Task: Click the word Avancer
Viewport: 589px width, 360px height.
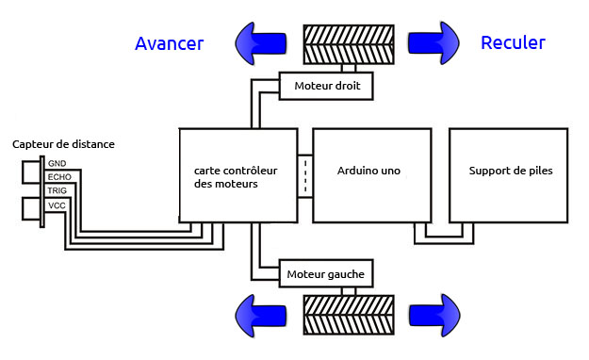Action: (169, 43)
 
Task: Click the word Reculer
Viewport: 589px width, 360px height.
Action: (513, 42)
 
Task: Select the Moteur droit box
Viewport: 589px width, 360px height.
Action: (326, 86)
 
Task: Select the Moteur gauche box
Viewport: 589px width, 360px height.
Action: (326, 273)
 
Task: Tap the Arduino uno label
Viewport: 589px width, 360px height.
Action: (368, 171)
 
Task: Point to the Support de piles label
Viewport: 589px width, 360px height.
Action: (511, 171)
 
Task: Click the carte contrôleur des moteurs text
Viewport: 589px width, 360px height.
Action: (236, 177)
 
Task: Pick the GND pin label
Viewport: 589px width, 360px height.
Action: (57, 163)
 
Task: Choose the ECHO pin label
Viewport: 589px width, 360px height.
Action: (59, 177)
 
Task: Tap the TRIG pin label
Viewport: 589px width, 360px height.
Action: (57, 190)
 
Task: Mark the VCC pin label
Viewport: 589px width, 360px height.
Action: (57, 205)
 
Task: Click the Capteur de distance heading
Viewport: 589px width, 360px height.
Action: (63, 144)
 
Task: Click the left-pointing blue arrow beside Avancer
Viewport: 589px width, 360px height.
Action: (261, 43)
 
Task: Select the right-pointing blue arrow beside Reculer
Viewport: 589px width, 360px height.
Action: (434, 42)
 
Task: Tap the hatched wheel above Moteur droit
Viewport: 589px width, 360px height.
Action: (349, 44)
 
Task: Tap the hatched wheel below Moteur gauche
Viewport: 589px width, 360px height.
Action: (349, 315)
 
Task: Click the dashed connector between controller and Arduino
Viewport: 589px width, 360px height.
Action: (305, 176)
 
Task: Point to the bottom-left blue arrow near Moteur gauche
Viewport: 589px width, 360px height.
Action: (261, 316)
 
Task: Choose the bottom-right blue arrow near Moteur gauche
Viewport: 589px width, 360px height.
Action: (434, 316)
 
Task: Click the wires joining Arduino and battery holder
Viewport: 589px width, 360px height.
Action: (444, 240)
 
